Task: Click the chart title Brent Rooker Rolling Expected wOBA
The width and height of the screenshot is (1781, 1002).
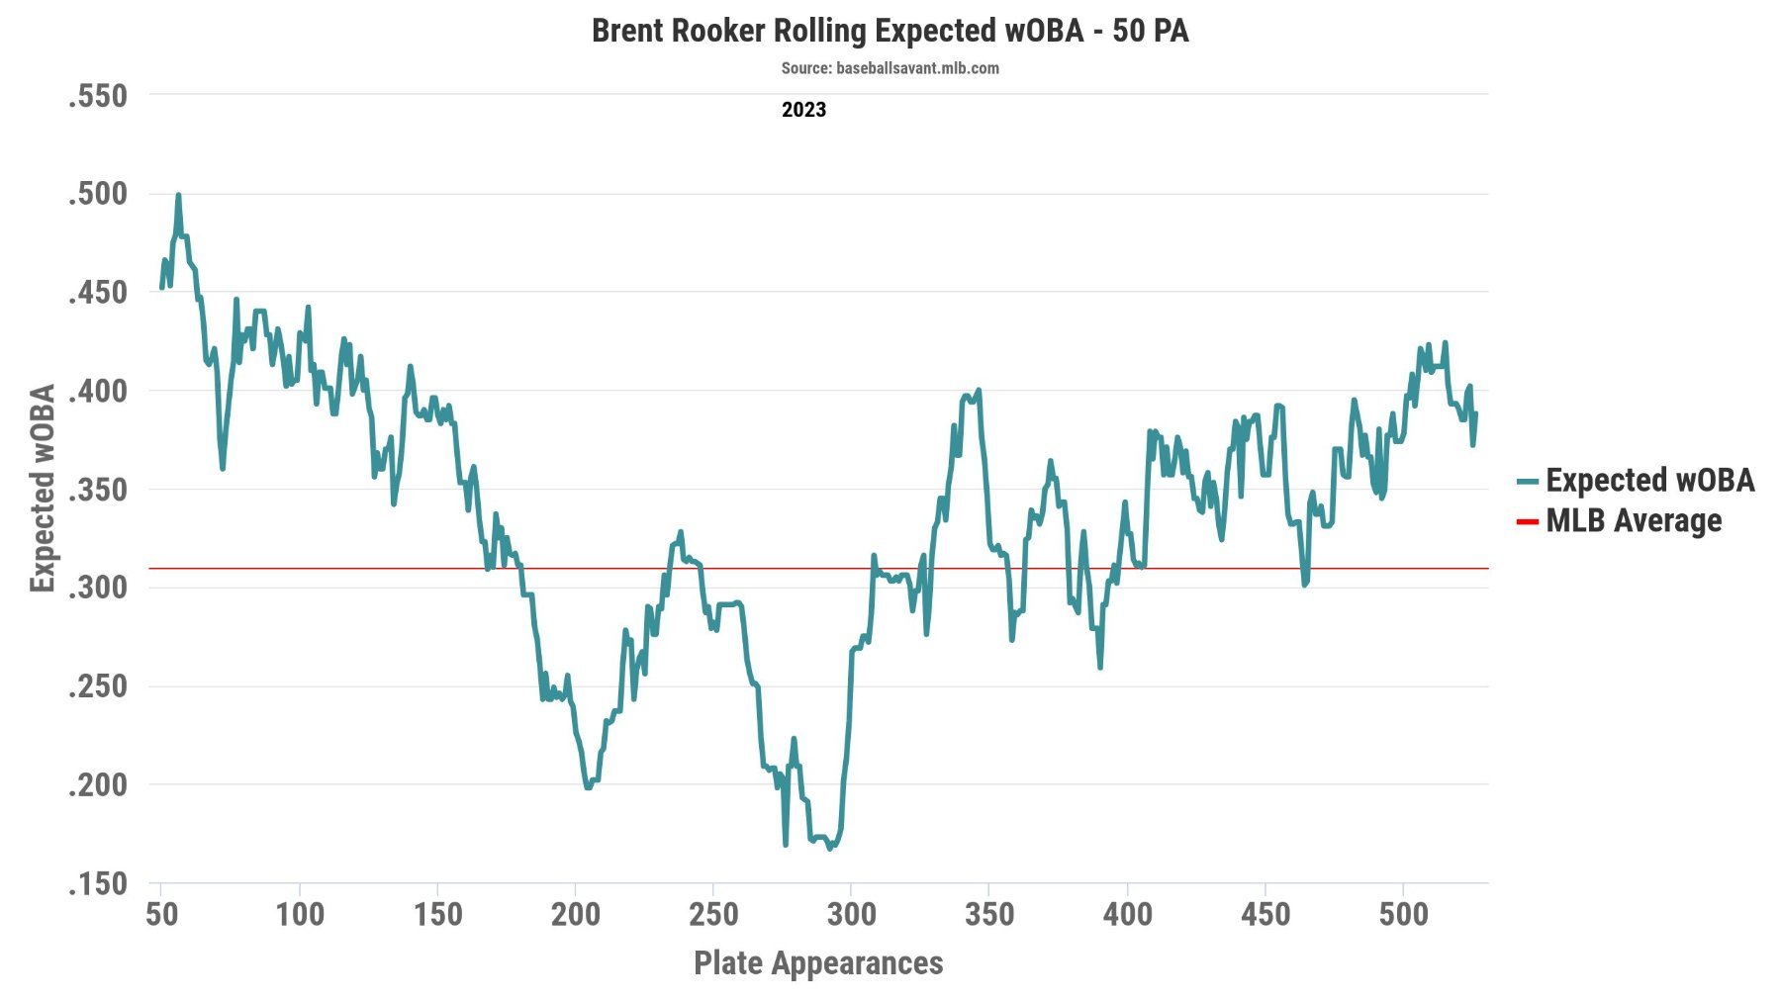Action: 890,31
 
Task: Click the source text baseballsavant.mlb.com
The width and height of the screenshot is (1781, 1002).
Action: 890,68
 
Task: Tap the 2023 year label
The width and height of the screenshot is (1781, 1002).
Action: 803,110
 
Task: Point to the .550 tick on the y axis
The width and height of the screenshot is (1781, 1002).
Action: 98,96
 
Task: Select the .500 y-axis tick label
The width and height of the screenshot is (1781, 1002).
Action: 98,194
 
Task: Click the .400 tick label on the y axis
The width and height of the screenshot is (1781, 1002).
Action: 98,391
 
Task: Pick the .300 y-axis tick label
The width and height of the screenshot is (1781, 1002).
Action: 98,588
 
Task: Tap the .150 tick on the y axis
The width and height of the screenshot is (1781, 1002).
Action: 98,883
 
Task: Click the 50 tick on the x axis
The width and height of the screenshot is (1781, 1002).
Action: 161,914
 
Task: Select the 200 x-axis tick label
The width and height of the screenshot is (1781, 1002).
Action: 575,914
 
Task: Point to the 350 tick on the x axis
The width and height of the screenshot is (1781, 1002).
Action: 989,914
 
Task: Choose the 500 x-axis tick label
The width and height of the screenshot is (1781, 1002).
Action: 1403,914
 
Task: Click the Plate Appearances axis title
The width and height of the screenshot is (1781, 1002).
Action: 818,962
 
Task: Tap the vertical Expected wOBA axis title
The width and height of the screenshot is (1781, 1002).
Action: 43,489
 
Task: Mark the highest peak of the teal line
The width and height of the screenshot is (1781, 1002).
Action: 178,195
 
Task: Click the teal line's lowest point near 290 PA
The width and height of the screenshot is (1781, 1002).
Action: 830,848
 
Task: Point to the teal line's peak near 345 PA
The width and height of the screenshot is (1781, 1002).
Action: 979,391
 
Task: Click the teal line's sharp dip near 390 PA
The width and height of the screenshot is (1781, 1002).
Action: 1100,668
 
